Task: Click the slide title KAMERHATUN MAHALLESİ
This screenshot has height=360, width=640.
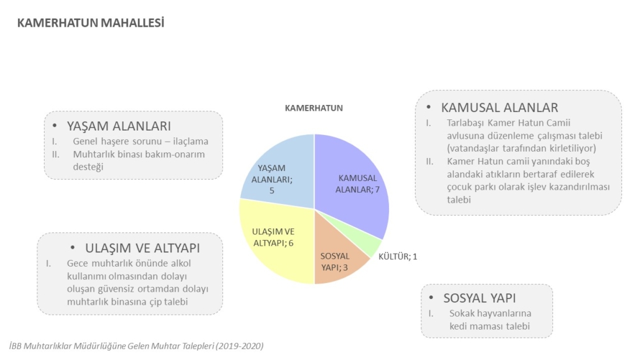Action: pos(91,23)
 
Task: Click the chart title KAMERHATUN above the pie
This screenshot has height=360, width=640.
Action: pos(314,108)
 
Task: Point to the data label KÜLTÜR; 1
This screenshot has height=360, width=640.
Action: pos(398,257)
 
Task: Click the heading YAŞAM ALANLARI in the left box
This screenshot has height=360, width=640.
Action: pos(119,126)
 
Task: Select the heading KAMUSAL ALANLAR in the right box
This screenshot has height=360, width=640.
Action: pos(500,108)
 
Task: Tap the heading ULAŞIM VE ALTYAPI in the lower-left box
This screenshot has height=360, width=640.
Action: pos(142,248)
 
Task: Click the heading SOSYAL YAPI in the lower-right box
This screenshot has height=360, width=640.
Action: pos(480,298)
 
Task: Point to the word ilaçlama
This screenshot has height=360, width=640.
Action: pos(191,141)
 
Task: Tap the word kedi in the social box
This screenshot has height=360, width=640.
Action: pos(458,326)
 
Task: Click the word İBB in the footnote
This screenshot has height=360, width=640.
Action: pos(15,346)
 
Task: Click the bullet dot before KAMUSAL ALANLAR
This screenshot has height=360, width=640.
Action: pos(429,108)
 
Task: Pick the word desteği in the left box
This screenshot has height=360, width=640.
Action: pos(88,167)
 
